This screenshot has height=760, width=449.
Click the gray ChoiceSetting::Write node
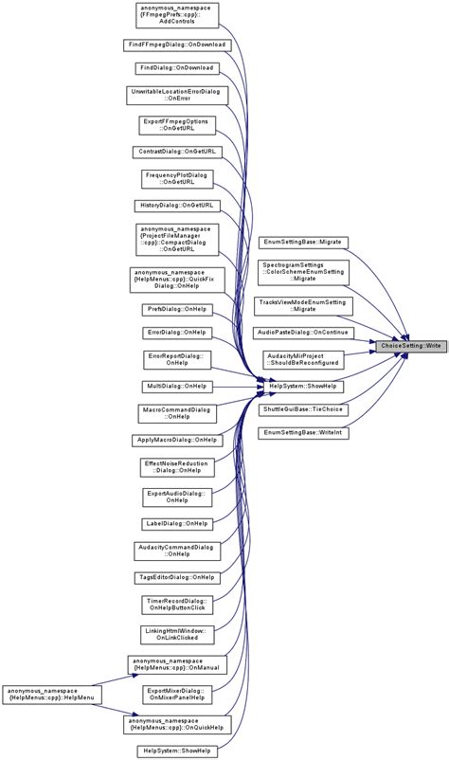click(408, 346)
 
